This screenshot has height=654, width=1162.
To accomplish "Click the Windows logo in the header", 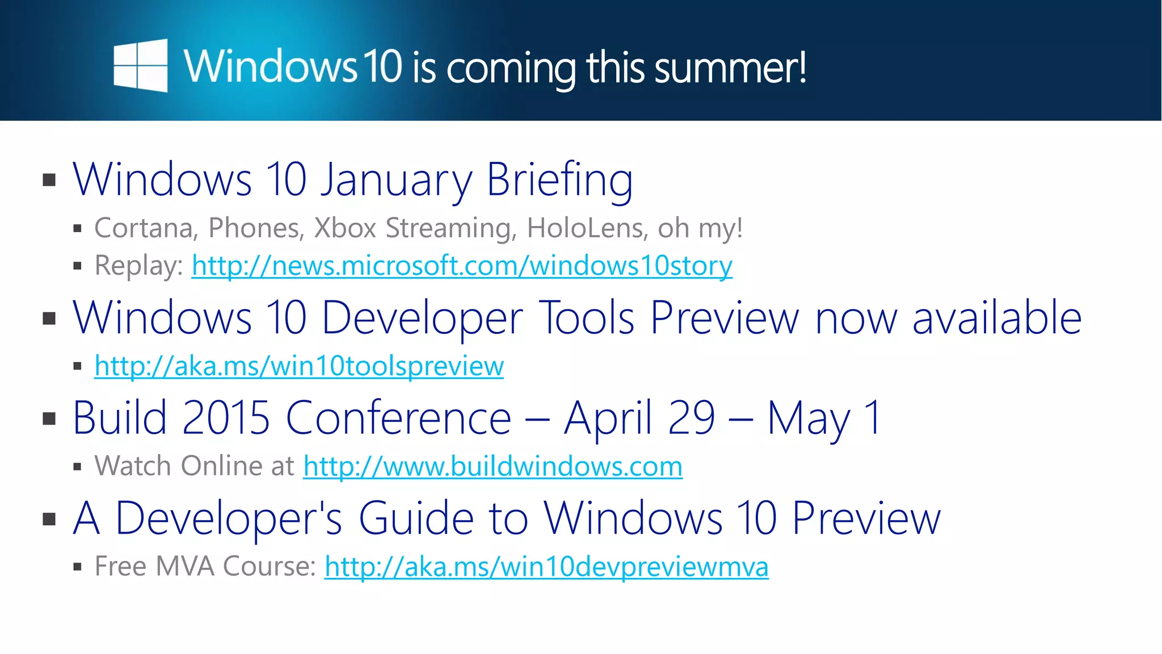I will point(140,65).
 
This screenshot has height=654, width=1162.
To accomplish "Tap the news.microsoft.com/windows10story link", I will point(462,266).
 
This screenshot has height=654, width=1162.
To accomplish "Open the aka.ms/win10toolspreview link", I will point(299,366).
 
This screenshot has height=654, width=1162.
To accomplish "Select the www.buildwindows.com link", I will point(492,467).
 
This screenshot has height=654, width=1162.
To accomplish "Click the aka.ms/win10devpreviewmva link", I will point(546,567).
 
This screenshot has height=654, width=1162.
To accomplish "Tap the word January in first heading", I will point(395,180).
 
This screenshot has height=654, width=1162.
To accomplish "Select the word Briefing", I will point(559,180).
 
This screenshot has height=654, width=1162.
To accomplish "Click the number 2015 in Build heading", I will point(226,418).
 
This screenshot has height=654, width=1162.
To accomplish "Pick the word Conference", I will point(398,418).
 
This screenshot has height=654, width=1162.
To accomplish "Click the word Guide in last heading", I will point(416,518).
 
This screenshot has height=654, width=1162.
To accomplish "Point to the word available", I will point(997,318).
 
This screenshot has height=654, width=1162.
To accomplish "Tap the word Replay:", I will point(138,266).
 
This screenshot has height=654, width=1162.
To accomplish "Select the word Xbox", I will point(345,228).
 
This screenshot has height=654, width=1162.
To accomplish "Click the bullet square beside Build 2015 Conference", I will point(49,419).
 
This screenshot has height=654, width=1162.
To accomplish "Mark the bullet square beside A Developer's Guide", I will point(49,519).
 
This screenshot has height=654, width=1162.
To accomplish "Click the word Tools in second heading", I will point(586,318).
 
